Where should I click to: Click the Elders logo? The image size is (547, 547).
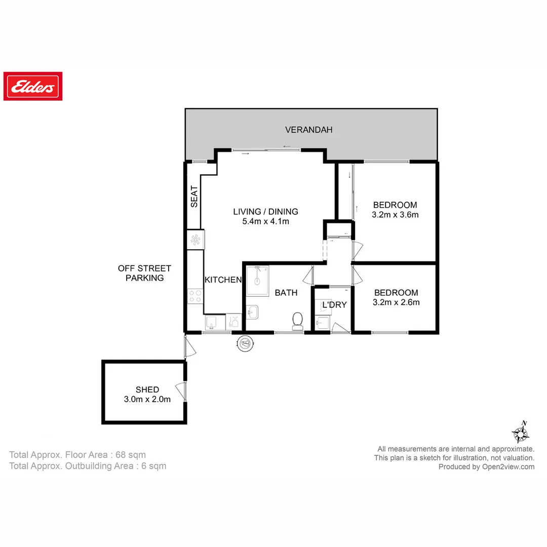33,86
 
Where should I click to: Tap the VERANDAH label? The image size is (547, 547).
308,130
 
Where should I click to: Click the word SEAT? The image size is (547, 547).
194,197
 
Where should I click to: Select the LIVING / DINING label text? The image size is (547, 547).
265,212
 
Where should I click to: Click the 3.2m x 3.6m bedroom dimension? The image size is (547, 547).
395,214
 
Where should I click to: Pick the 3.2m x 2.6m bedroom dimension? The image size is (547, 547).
396,302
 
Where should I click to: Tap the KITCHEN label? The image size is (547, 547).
223,280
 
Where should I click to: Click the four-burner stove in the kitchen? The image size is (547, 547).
195,296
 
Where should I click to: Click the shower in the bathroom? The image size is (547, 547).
258,281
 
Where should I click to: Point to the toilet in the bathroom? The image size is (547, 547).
297,321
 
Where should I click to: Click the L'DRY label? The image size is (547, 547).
334,305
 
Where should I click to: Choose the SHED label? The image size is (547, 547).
147,389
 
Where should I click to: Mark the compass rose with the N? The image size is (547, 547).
520,433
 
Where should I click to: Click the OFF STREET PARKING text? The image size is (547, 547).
144,273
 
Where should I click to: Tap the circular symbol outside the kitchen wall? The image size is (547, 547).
245,343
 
